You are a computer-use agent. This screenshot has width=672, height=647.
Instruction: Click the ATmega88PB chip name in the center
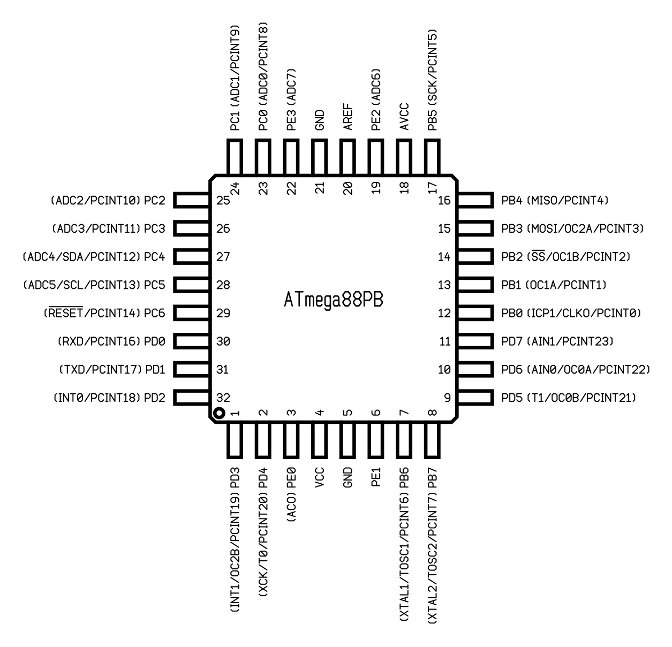point(333,300)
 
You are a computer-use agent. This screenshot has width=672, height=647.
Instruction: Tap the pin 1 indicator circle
point(219,413)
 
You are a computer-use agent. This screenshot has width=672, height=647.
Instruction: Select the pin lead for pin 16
point(475,200)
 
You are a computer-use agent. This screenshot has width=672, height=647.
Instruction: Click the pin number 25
point(223,201)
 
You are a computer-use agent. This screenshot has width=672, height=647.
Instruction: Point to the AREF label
point(348,117)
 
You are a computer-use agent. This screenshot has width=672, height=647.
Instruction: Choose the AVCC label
point(404,117)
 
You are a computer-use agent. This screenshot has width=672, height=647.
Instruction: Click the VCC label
point(320,477)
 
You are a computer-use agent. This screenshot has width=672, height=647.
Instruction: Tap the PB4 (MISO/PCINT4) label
point(555,201)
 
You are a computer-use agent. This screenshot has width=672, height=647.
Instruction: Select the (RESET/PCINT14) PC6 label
point(104,313)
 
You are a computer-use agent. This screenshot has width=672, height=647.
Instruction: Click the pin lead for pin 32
point(192,398)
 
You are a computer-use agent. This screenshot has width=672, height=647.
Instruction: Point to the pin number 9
point(447,398)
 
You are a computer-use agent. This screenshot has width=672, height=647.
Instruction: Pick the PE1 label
point(376,477)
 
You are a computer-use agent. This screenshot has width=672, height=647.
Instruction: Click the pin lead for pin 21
point(320,157)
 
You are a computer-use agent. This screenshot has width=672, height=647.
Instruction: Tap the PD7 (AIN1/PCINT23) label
point(557,341)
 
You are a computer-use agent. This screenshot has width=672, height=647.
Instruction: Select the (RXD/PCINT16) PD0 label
point(111,341)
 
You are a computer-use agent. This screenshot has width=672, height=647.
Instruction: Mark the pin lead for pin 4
point(320,440)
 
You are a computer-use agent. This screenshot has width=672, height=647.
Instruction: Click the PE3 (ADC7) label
point(291,100)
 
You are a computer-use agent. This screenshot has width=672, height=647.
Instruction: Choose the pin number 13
point(444,285)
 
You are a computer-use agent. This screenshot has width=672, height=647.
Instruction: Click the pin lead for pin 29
point(192,313)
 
